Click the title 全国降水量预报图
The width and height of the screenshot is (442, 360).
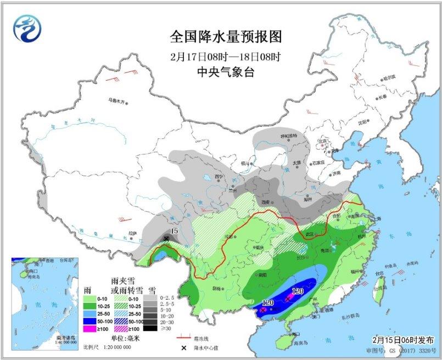pos(226,37)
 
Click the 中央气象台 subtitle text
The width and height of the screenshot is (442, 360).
pos(226,71)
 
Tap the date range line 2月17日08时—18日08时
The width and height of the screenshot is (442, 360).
pos(226,56)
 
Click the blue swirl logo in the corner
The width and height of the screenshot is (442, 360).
pos(28,29)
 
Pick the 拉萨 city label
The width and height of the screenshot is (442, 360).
pos(132,233)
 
